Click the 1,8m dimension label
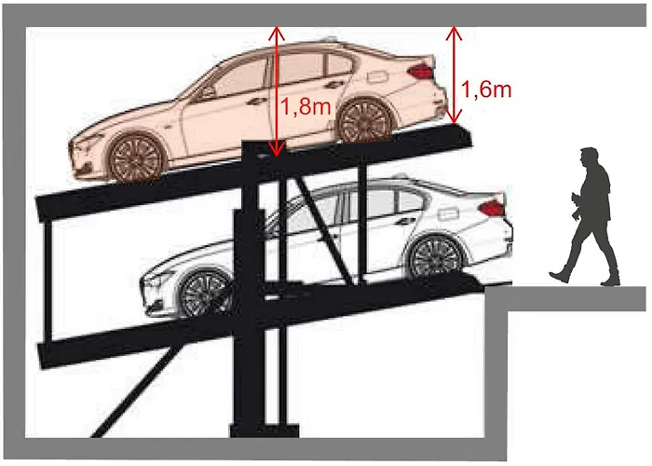[x=306, y=107]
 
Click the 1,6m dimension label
[x=486, y=89]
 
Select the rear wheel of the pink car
[x=366, y=120]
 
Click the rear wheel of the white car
[x=436, y=256]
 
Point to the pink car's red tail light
[x=420, y=71]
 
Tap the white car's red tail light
[x=492, y=207]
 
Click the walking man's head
[x=589, y=157]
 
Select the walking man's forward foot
[x=558, y=276]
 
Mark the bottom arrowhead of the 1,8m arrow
[x=276, y=150]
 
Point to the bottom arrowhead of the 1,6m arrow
[x=455, y=116]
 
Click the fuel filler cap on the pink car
[x=376, y=76]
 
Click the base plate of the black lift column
[x=265, y=431]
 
